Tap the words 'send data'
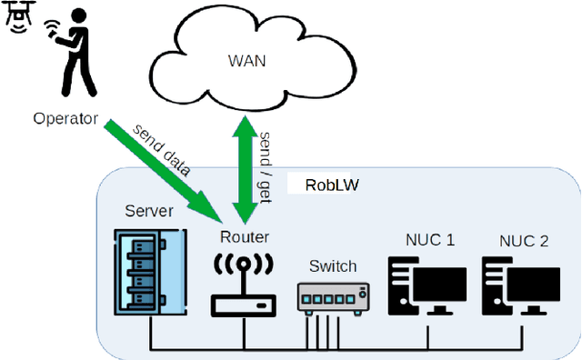[163, 149]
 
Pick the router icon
[243, 283]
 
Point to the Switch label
[333, 266]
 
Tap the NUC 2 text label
[525, 241]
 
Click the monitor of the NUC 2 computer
[533, 287]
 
